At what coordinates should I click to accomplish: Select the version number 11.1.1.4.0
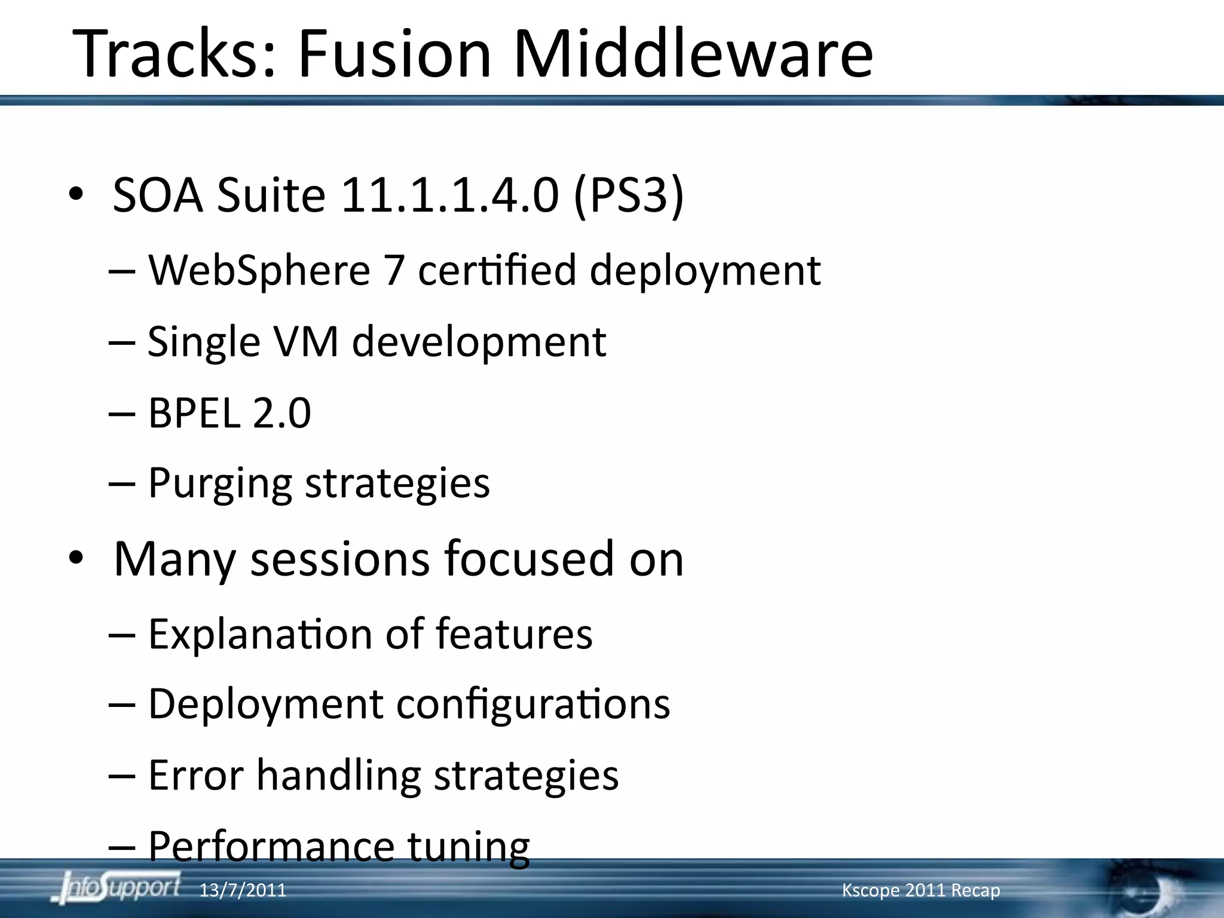pos(449,195)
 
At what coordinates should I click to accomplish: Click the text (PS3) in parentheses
pos(628,195)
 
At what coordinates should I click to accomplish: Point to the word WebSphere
pos(259,270)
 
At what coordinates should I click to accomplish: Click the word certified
pos(497,270)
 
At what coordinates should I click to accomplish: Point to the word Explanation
pos(260,634)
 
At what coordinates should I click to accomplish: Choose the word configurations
pos(533,704)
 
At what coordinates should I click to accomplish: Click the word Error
pos(195,775)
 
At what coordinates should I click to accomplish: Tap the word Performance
pos(271,846)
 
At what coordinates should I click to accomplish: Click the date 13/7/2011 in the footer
pos(243,891)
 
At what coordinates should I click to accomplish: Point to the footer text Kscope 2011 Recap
pos(920,891)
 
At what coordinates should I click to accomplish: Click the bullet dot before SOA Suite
pos(75,195)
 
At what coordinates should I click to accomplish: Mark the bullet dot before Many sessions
pos(75,559)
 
